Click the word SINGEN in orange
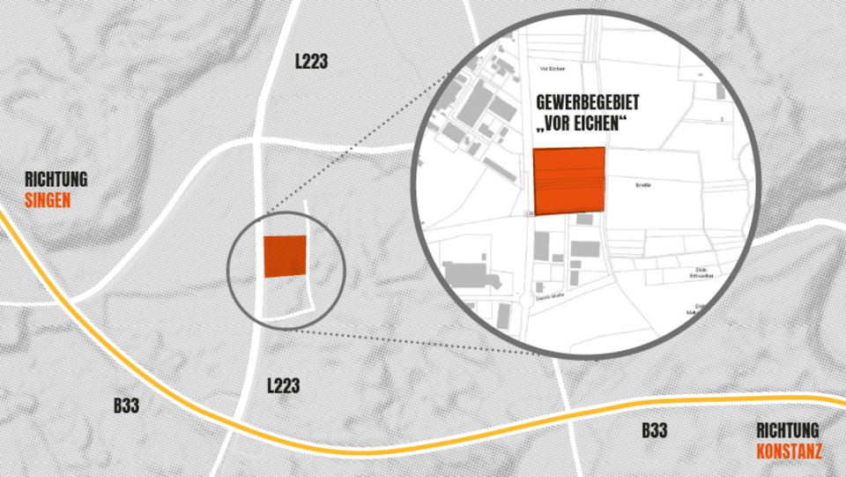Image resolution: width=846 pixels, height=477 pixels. [x=48, y=200]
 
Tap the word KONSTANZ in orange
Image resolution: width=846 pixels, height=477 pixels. [x=789, y=452]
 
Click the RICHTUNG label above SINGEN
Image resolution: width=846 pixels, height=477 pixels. [x=56, y=180]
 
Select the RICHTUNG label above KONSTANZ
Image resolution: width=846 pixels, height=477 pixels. [x=788, y=431]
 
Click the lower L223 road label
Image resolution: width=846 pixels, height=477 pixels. [x=283, y=385]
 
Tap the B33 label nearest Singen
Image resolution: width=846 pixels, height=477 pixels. [x=126, y=406]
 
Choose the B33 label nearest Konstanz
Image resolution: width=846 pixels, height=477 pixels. [x=654, y=431]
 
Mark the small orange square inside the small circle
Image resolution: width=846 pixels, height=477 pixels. [x=285, y=257]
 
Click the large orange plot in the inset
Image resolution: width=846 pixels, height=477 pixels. [x=569, y=180]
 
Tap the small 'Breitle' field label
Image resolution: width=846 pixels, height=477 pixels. [x=642, y=185]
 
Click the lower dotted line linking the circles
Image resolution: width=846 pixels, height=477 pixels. [x=414, y=342]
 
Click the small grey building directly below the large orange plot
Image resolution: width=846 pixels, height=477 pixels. [x=583, y=220]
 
